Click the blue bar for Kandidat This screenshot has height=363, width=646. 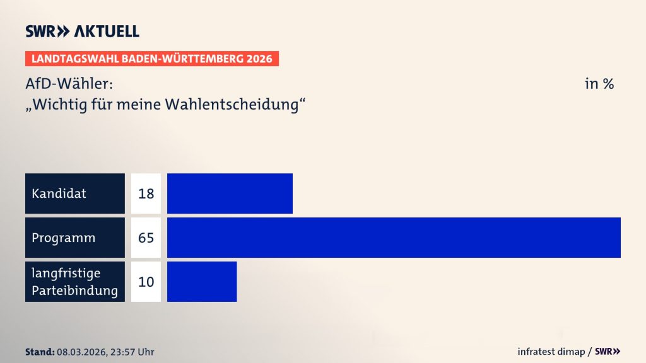tap(230, 193)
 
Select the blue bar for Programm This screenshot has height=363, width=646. tap(394, 238)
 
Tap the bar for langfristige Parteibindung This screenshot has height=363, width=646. tap(202, 282)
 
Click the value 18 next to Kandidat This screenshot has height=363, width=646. tap(146, 193)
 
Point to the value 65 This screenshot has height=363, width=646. tap(146, 238)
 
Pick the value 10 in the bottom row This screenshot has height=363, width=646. tap(146, 282)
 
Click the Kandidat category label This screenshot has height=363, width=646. tap(59, 193)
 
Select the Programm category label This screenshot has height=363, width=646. tap(64, 238)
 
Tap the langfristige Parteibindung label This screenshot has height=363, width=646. tap(74, 282)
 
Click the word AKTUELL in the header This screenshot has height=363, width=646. tap(107, 32)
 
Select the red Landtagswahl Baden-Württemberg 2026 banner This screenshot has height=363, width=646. tap(152, 59)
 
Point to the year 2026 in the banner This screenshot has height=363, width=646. tap(259, 59)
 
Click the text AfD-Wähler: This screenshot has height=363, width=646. tap(69, 83)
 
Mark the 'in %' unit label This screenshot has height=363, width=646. tap(599, 83)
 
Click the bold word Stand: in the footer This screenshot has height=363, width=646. tap(39, 352)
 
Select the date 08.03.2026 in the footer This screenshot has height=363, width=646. tap(80, 352)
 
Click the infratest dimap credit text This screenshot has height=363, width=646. tap(553, 352)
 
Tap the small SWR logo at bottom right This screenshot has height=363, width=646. tap(608, 352)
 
